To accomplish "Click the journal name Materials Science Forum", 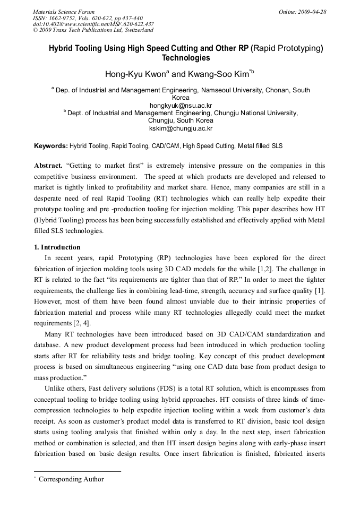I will (x=64, y=11).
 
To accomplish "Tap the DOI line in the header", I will (x=93, y=24).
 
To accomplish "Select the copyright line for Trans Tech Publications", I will (x=93, y=30).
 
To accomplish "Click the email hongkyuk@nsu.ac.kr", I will (x=181, y=105).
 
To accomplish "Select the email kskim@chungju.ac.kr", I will (x=181, y=128).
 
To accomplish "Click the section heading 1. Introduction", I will (x=57, y=247).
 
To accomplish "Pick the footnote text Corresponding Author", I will (x=71, y=479).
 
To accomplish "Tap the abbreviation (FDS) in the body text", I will (x=184, y=389).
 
